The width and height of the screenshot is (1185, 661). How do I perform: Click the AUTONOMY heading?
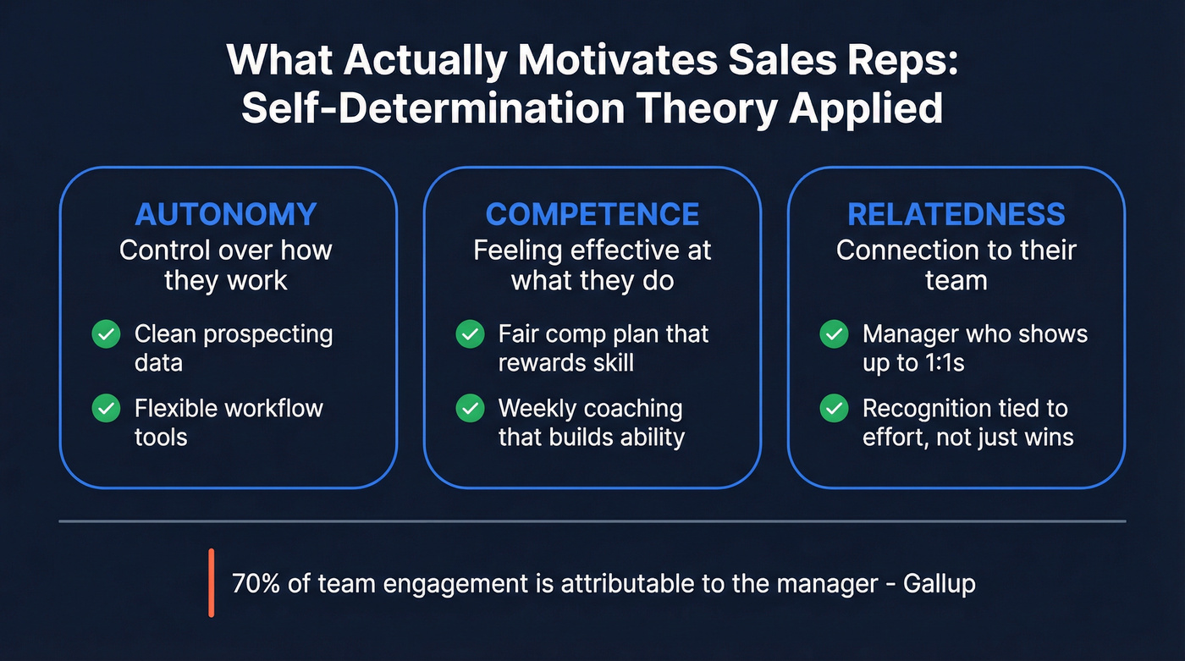[226, 214]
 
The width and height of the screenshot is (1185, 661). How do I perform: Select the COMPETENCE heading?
[592, 214]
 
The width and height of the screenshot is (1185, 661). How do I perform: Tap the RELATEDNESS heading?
[956, 214]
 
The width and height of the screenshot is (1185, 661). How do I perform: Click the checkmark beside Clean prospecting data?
[106, 334]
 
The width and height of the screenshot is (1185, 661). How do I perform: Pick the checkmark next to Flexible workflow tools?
[106, 409]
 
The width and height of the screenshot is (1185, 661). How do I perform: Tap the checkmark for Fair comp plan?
[470, 334]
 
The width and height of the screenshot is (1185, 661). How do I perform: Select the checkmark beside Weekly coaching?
[470, 409]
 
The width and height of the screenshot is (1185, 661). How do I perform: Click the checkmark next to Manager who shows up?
[834, 334]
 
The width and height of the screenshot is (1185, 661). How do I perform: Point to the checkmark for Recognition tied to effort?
[834, 409]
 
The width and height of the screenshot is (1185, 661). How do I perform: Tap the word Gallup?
[940, 585]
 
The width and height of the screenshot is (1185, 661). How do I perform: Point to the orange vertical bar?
[211, 582]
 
